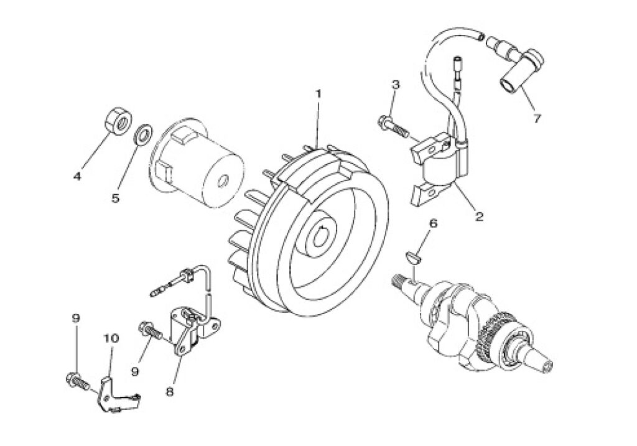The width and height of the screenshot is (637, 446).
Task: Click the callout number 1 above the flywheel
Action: (x=318, y=94)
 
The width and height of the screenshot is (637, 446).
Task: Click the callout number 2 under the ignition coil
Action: (x=478, y=216)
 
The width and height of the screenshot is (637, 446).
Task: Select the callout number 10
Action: (x=111, y=338)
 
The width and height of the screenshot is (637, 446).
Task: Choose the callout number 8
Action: (x=169, y=393)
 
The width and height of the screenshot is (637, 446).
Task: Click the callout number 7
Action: (x=537, y=119)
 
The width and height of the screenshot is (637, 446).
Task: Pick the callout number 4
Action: (x=78, y=176)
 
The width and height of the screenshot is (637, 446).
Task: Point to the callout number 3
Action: (x=396, y=84)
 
